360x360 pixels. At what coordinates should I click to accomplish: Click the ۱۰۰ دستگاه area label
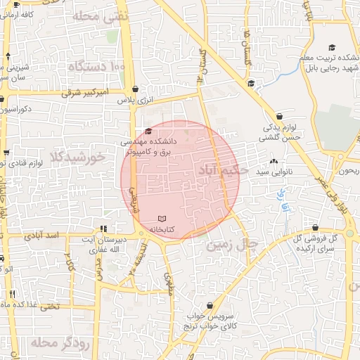(x=97, y=67)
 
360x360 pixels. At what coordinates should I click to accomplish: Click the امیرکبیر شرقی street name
(x=84, y=92)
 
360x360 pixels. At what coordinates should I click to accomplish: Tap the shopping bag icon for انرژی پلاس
(x=135, y=89)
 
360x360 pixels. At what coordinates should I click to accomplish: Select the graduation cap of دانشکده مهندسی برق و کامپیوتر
(x=148, y=131)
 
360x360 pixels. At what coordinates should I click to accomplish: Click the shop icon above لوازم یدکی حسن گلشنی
(x=280, y=116)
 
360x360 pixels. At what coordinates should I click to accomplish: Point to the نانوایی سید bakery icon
(x=274, y=162)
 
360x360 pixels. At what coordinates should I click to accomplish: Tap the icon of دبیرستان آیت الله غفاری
(x=103, y=228)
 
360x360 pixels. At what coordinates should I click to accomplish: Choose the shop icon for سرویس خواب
(x=210, y=305)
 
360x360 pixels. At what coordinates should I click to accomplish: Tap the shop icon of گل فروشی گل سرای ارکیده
(x=315, y=228)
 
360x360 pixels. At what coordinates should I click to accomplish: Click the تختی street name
(x=49, y=306)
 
